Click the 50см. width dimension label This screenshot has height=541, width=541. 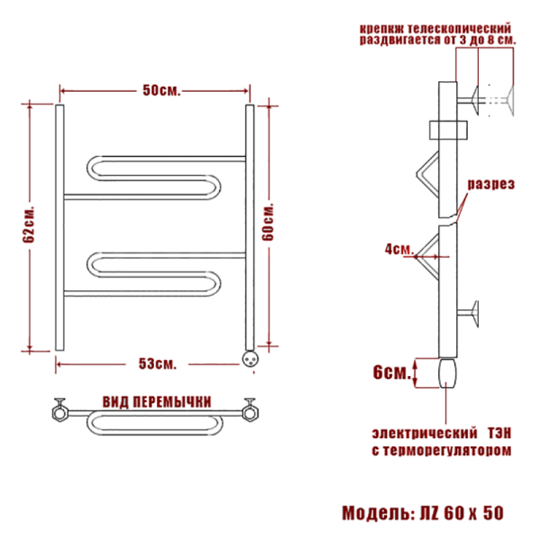(161, 91)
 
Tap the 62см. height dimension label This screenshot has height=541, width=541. (29, 225)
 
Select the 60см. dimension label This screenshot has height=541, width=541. (268, 222)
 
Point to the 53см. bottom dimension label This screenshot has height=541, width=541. (157, 363)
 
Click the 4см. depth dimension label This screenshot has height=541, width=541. (399, 249)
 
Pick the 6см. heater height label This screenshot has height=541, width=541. (392, 372)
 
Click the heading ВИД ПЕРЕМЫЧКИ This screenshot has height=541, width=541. (157, 402)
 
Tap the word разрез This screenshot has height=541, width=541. (491, 184)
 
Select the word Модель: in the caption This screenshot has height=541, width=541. (379, 513)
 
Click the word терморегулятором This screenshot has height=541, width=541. (447, 451)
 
